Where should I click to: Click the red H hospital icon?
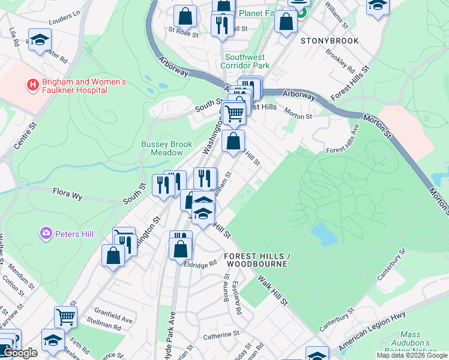33,86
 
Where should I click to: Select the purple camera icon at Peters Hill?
46,233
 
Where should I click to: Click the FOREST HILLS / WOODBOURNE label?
257,260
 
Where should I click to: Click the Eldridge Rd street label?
200,263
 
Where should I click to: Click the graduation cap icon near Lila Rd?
40,41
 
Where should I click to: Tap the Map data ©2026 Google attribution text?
412,355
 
